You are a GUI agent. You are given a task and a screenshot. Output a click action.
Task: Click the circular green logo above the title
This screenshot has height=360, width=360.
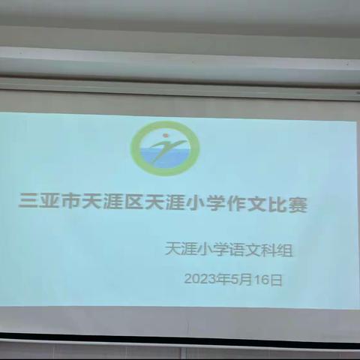[x=164, y=148]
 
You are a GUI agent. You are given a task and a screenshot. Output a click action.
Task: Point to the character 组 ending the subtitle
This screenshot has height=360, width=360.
[x=283, y=250]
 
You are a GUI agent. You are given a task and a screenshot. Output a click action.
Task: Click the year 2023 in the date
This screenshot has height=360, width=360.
[x=199, y=280]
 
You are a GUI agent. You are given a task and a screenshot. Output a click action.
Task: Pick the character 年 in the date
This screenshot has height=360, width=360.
[x=220, y=280]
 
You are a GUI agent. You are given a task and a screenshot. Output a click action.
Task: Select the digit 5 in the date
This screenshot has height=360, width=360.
[x=231, y=280]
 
